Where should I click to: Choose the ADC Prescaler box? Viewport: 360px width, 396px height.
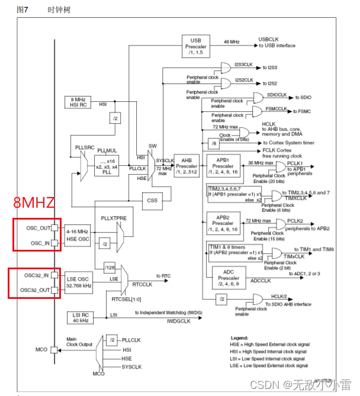click(x=229, y=276)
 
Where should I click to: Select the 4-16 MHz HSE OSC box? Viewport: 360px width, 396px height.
click(x=78, y=234)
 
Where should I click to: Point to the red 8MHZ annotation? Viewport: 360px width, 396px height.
click(x=34, y=203)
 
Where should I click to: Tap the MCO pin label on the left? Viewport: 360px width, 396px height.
click(x=41, y=350)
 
